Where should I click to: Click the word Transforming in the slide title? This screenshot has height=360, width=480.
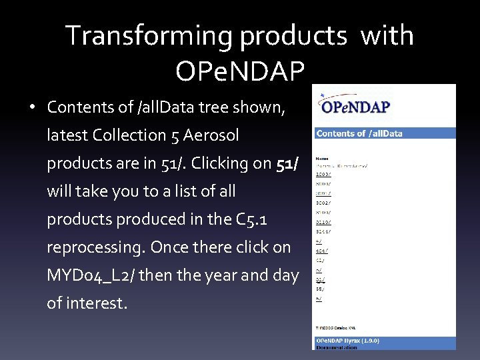[x=149, y=36]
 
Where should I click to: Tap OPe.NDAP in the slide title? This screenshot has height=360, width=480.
[x=240, y=69]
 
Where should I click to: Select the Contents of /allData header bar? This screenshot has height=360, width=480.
[x=385, y=133]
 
